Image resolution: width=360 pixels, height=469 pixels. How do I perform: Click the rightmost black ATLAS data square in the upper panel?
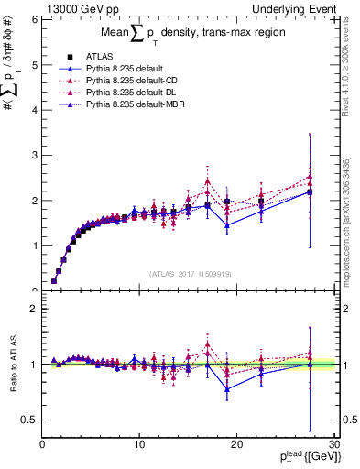[x=310, y=192]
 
